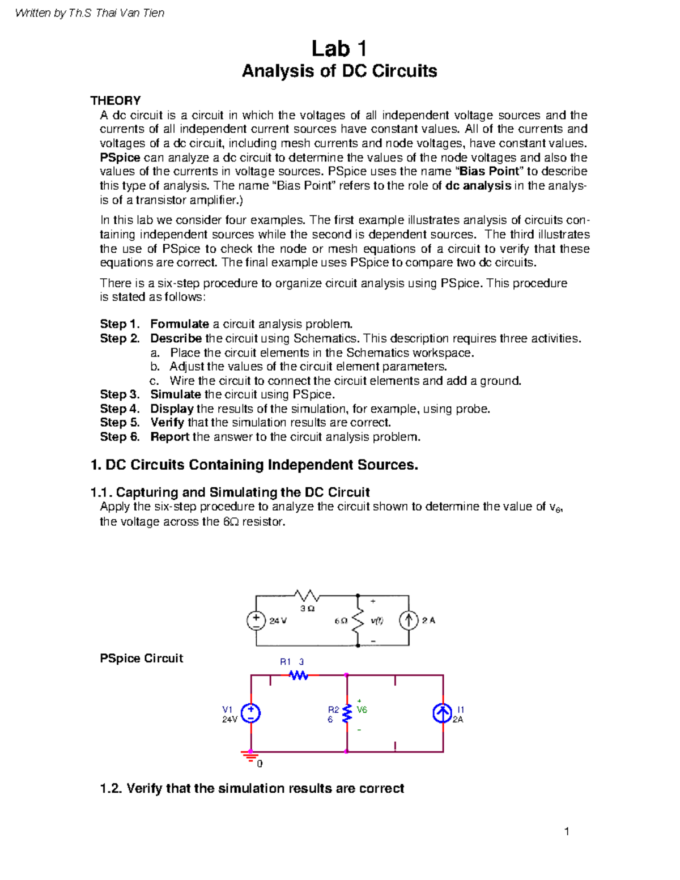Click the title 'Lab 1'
coord(339,49)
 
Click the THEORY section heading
coord(116,100)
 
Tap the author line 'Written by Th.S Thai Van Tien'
coord(90,12)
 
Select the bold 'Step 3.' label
coord(120,394)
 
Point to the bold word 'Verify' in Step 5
coord(167,423)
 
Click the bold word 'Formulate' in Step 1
coord(179,324)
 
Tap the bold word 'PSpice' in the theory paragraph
coord(120,158)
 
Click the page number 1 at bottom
coord(566,831)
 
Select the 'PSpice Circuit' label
coord(141,658)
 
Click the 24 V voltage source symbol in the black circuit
coord(256,620)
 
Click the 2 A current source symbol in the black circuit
coord(409,620)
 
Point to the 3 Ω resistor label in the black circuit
coord(307,608)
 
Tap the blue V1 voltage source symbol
coord(251,713)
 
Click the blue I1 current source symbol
coord(443,713)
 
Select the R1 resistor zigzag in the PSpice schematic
coord(298,675)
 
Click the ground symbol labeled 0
coord(250,756)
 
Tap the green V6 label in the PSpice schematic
coord(362,710)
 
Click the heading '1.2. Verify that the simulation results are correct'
coord(252,788)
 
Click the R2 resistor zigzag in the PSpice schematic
coord(347,713)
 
